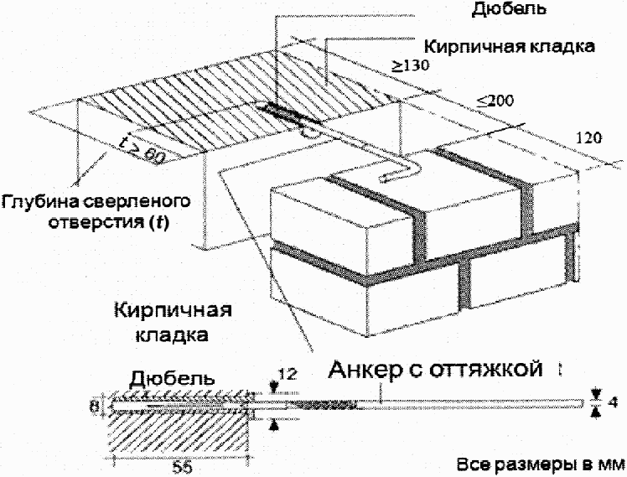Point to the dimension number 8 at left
tap(99, 407)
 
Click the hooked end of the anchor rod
tap(392, 176)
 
